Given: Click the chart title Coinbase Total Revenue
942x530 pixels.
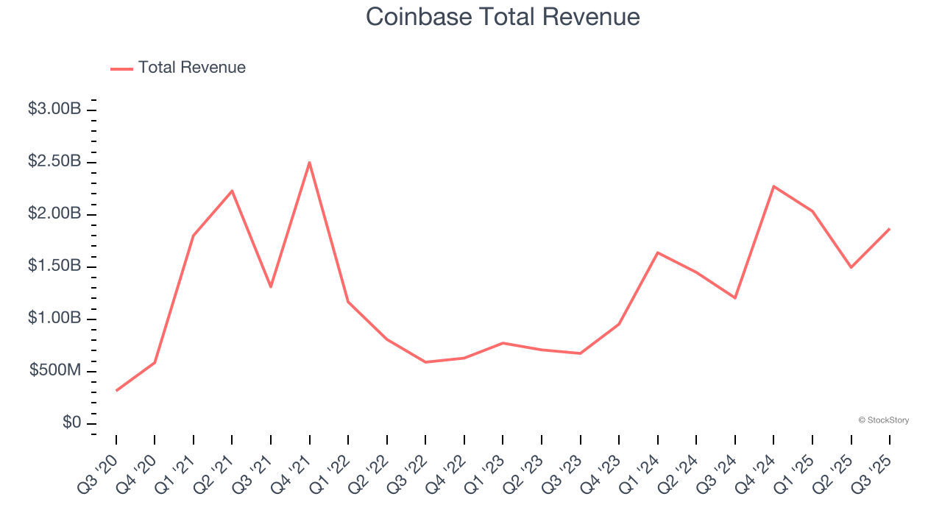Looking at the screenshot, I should click(x=503, y=17).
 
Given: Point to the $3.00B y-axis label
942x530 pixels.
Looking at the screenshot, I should click(x=54, y=109).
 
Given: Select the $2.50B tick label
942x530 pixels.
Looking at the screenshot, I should click(x=54, y=161).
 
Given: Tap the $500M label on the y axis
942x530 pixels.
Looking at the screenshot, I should click(x=55, y=371).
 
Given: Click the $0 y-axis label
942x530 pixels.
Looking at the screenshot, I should click(x=71, y=423).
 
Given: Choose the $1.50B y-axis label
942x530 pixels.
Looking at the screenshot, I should click(x=54, y=266).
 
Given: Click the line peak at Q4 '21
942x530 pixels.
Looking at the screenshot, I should click(x=309, y=162).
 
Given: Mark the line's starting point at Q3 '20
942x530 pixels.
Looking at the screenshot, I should click(x=116, y=390).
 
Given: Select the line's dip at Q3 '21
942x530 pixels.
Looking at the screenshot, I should click(x=271, y=286).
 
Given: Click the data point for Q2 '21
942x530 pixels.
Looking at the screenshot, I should click(x=232, y=191).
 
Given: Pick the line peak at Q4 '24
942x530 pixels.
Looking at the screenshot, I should click(x=773, y=186).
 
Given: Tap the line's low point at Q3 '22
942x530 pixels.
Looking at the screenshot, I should click(x=425, y=362).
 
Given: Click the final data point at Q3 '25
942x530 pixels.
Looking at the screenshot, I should click(x=889, y=229).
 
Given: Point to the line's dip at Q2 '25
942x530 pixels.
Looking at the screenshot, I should click(x=851, y=267).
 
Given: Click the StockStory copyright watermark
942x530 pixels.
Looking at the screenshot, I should click(x=883, y=420).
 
